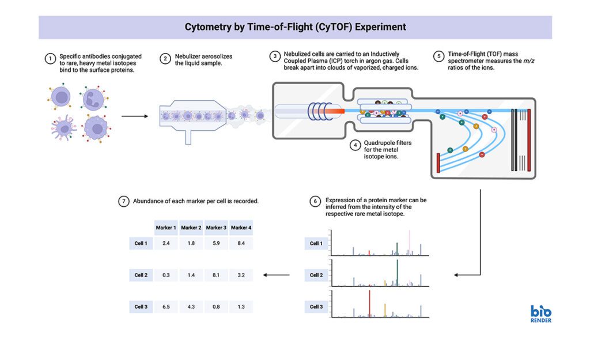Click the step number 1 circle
51,58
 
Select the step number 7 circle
124,202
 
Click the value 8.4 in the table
241,243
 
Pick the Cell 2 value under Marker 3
216,275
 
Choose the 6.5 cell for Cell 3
166,306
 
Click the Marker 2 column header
191,228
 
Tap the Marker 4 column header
241,228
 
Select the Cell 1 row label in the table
141,243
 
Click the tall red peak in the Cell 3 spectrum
369,303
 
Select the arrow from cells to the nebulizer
133,115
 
